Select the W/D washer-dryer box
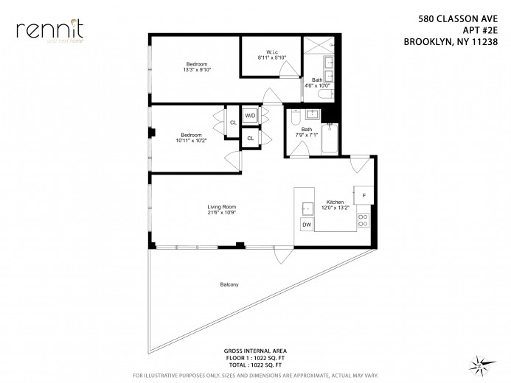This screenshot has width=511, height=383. pos(250,116)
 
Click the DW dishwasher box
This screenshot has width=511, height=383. pos(306,224)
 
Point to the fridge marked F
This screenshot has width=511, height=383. pos(364,195)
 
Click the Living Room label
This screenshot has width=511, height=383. pos(221,207)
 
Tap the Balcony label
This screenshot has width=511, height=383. pos(229,284)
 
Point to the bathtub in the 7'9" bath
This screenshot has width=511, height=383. pos(330,139)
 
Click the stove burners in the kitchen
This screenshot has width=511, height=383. pos(363,219)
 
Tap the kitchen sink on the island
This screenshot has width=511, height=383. pos(305,208)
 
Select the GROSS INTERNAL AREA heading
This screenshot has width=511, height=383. pos(254,351)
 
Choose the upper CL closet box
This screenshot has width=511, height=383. pos(233,122)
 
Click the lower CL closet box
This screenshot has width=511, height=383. pos(250,138)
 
